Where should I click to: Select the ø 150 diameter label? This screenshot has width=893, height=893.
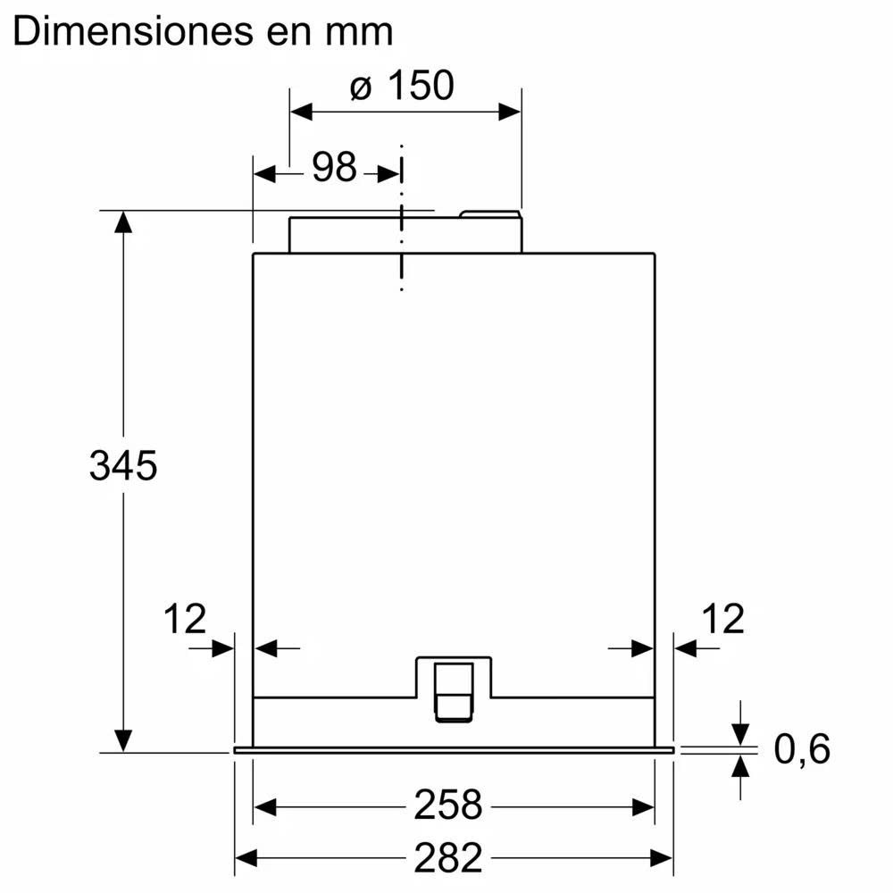pyautogui.click(x=402, y=86)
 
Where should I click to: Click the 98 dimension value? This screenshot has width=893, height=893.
pyautogui.click(x=334, y=167)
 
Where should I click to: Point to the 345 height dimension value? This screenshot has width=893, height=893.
pyautogui.click(x=123, y=466)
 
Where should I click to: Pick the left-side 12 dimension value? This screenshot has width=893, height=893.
pyautogui.click(x=184, y=618)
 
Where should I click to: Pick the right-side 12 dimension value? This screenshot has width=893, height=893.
pyautogui.click(x=722, y=618)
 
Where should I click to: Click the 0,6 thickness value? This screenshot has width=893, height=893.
pyautogui.click(x=801, y=749)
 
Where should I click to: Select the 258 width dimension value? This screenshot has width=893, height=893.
pyautogui.click(x=447, y=806)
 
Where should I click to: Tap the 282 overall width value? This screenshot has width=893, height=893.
pyautogui.click(x=447, y=858)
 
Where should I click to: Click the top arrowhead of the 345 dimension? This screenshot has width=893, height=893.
pyautogui.click(x=122, y=222)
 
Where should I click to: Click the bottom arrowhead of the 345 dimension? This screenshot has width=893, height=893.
pyautogui.click(x=122, y=740)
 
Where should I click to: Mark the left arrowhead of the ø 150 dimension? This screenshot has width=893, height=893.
pyautogui.click(x=301, y=112)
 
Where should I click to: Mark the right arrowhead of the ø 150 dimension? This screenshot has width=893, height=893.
pyautogui.click(x=509, y=112)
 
